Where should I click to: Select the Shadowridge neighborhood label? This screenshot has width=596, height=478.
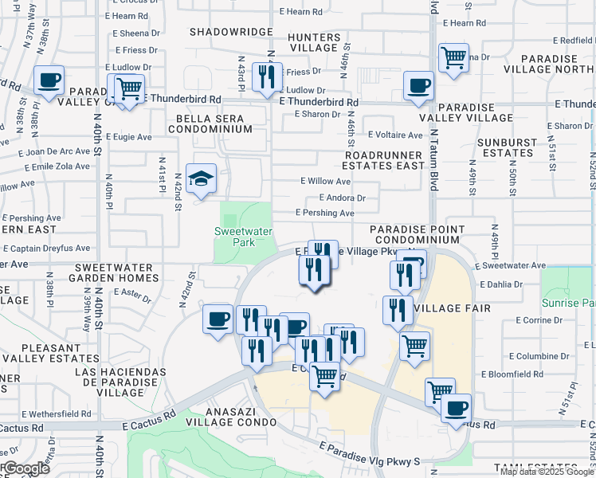point(231,32)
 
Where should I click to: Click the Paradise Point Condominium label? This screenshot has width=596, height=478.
point(417,234)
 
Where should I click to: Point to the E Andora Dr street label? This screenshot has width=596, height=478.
point(342,198)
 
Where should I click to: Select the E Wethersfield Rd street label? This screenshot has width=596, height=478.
point(57,414)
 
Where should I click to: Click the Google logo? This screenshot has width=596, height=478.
point(25,468)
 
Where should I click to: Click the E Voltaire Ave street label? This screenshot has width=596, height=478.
point(395,135)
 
